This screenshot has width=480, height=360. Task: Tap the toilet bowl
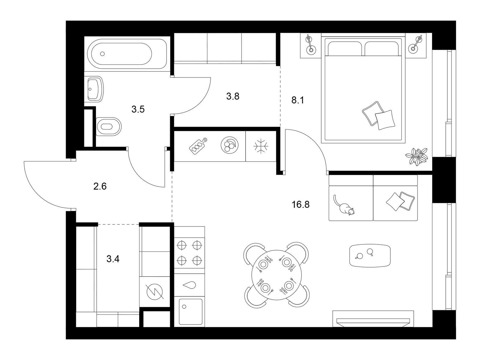109,127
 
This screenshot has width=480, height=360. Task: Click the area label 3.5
138,109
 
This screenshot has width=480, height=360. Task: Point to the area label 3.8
233,96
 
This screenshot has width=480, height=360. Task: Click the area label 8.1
298,100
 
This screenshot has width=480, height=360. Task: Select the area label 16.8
301,205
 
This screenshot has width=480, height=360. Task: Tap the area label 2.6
100,186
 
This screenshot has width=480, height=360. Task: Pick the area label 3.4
113,259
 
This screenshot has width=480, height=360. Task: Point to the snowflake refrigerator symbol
261,146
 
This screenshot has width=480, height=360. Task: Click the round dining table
276,275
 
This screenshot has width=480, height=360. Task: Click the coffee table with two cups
370,256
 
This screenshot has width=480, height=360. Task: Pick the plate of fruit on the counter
229,145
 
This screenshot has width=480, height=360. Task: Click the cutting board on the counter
198,146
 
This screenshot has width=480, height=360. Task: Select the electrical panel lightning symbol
155,292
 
